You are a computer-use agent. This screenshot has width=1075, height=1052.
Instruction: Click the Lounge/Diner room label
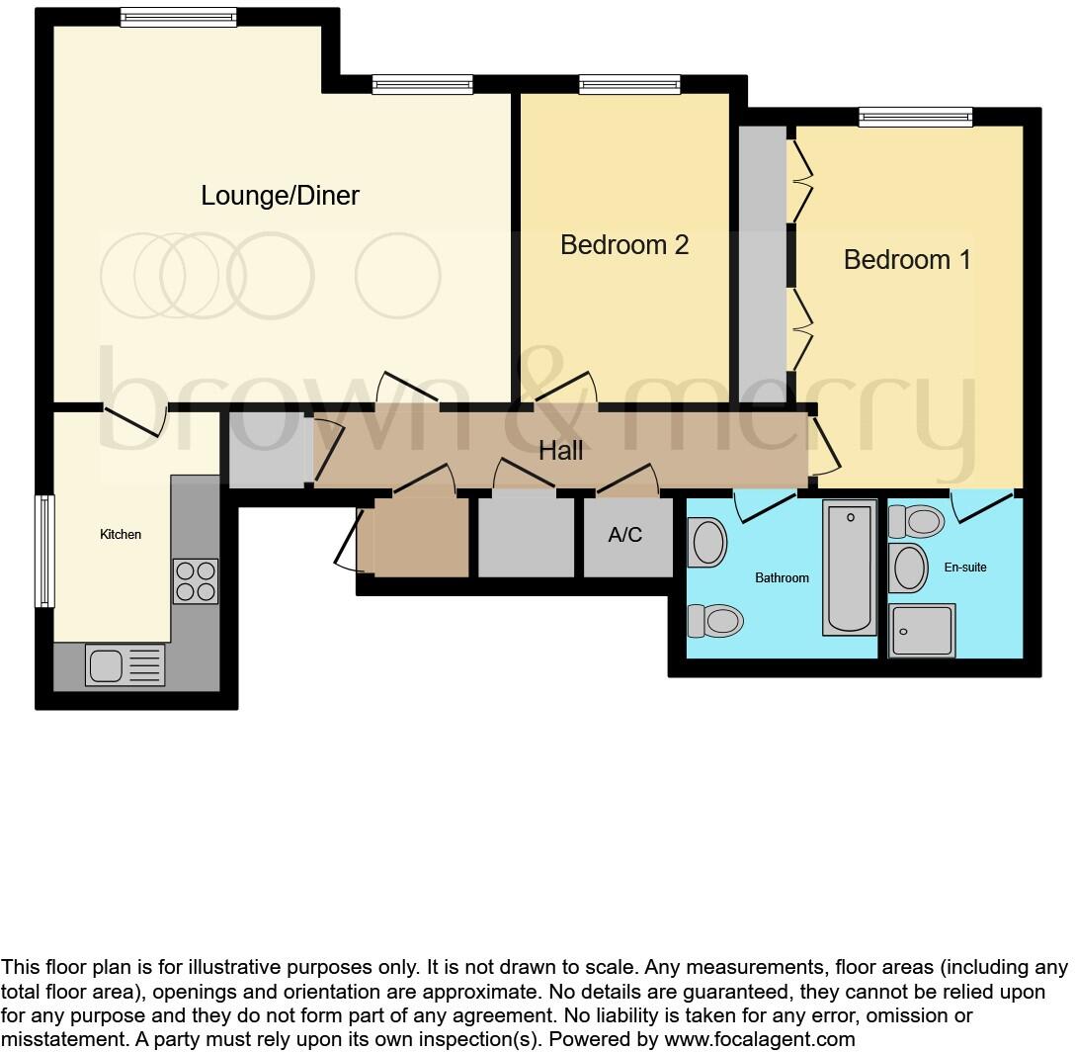280,196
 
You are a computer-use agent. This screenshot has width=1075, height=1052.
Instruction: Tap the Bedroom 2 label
623,244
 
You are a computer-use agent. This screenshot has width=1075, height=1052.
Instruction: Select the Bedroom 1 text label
907,259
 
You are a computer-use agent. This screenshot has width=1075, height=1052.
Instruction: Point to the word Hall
560,451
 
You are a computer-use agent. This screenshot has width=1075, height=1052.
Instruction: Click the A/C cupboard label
624,535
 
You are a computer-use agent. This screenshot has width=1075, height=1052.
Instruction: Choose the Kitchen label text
121,535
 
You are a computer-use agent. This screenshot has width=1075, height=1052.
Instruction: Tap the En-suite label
965,568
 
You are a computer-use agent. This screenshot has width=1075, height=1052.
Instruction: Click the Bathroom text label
782,577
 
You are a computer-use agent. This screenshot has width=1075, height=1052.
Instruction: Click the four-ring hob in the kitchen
195,581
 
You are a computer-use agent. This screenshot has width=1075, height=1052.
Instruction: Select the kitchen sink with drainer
124,664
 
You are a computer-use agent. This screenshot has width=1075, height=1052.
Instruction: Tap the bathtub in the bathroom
849,569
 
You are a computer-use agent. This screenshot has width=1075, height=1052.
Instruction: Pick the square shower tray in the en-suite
922,631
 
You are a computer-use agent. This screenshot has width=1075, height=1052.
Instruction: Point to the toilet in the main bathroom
716,621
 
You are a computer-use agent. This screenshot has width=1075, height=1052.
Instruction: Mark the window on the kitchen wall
43,551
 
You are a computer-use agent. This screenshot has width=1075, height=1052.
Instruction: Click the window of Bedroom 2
629,85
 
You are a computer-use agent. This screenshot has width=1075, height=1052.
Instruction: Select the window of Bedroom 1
915,118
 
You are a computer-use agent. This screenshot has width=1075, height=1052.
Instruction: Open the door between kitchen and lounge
135,420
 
